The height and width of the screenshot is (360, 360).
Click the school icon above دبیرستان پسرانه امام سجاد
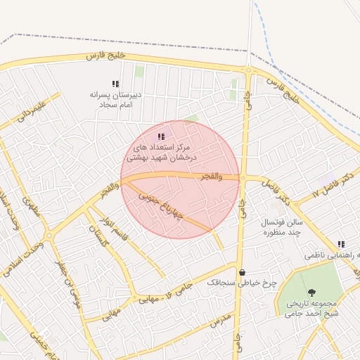115,84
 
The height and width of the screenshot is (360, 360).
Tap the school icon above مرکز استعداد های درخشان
161,136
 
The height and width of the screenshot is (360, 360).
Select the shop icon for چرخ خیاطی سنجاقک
243,272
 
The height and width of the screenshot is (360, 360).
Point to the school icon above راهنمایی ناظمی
341,244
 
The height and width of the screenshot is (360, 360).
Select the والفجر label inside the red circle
211,177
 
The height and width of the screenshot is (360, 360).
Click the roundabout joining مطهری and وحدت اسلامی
49,235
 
